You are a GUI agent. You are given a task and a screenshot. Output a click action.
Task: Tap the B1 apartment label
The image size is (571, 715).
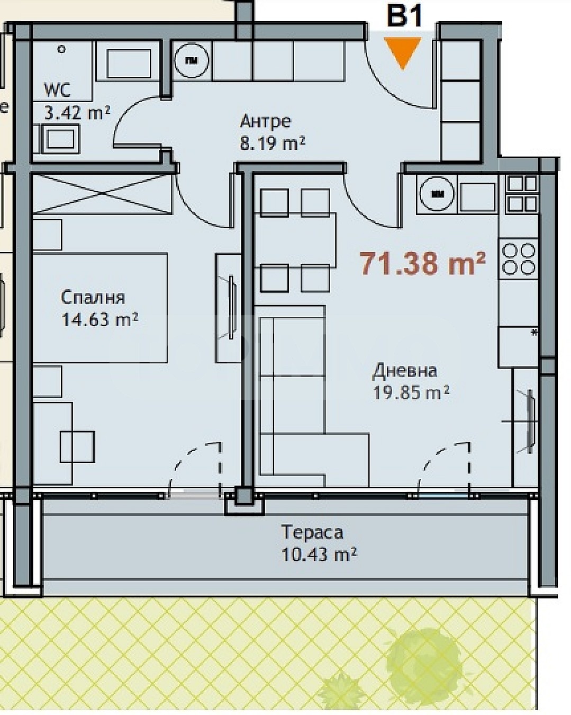(x=404, y=15)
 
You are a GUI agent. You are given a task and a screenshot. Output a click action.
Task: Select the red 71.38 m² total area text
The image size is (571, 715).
(x=423, y=263)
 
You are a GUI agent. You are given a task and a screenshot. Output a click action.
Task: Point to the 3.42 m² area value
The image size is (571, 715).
(x=77, y=113)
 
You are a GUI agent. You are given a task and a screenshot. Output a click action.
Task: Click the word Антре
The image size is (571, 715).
(x=265, y=121)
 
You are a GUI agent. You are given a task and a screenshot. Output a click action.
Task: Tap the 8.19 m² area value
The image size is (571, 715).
(x=272, y=143)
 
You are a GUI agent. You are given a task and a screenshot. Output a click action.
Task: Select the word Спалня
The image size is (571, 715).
(x=93, y=298)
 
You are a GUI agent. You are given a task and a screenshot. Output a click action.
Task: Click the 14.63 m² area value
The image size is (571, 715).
(x=99, y=319)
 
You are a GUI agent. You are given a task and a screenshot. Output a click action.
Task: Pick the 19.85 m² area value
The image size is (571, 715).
(x=411, y=392)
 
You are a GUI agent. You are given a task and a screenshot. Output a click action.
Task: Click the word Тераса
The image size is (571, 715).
(x=312, y=532)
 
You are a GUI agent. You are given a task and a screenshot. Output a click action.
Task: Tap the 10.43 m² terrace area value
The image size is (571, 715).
(x=319, y=554)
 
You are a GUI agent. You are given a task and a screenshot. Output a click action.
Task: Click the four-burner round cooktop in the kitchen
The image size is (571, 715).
(x=519, y=259)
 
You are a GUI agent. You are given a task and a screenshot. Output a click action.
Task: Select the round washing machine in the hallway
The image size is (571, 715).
(x=192, y=60)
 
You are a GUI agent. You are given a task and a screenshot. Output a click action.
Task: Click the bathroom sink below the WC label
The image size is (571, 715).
(x=60, y=139)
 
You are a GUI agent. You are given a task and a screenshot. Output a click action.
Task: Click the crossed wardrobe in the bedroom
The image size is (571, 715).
(x=102, y=193)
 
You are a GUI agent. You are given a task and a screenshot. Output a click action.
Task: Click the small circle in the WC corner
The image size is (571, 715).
(x=61, y=49)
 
